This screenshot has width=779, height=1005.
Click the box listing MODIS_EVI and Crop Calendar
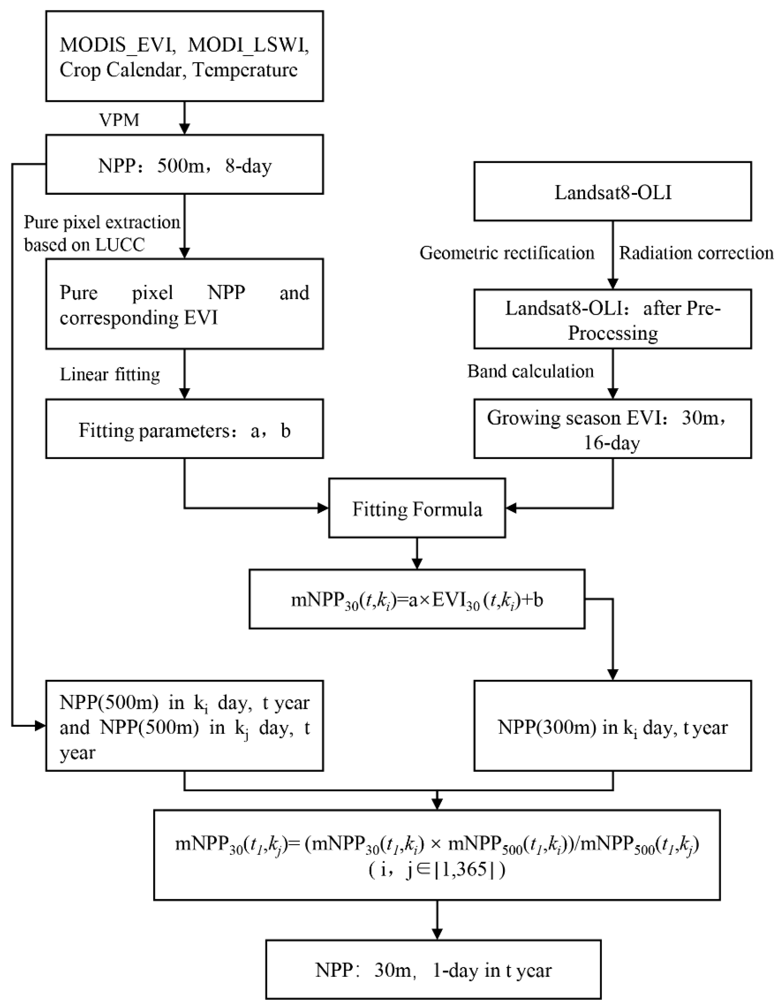184,56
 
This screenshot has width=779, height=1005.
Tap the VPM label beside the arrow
119,120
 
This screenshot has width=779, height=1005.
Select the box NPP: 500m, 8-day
184,164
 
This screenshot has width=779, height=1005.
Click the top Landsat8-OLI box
612,191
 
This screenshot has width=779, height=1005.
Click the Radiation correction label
696,253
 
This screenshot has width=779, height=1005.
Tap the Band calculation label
530,371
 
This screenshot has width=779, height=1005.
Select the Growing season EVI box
612,429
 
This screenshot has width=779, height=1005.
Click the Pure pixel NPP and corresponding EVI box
184,304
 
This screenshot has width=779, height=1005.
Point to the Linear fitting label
110,375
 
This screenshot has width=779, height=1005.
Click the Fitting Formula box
417,508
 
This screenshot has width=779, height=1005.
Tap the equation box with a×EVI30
417,599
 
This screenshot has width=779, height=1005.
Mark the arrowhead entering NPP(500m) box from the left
41,726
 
